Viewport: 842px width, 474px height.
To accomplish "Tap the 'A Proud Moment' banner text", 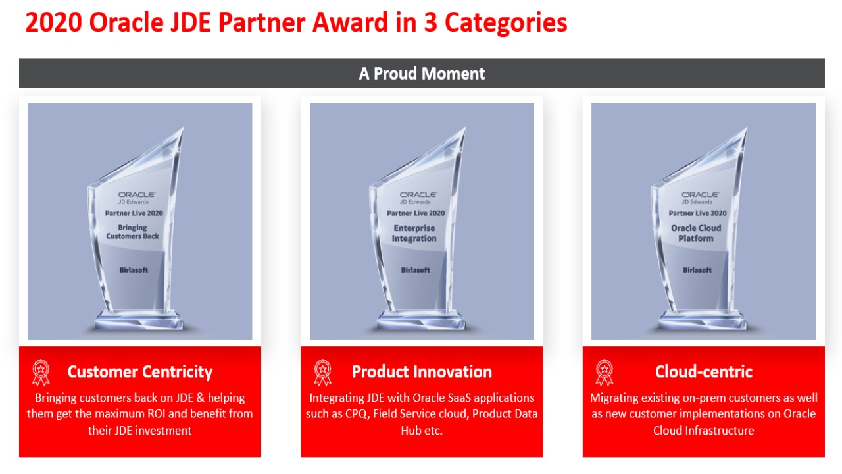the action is click(x=422, y=73).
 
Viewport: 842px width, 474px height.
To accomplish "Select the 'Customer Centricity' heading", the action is click(x=140, y=372).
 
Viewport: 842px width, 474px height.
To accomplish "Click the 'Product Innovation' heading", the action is click(x=422, y=372).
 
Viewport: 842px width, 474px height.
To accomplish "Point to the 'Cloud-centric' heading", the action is click(x=704, y=372).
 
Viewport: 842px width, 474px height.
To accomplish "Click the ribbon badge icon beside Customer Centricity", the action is click(x=41, y=373).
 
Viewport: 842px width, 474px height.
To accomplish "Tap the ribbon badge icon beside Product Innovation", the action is click(x=322, y=373).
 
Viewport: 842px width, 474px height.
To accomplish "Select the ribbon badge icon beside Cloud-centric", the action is click(x=605, y=373).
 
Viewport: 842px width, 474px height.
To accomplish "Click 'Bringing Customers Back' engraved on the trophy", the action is click(x=132, y=232).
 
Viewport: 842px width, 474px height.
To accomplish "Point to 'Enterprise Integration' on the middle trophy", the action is click(x=414, y=233).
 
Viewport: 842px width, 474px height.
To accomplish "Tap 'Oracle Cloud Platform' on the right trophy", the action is click(x=696, y=233).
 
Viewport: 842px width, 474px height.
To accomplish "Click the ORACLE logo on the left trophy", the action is click(x=136, y=194).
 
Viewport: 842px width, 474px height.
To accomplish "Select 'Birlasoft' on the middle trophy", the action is click(x=415, y=270).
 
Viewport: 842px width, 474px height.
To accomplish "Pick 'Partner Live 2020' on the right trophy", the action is click(x=698, y=213).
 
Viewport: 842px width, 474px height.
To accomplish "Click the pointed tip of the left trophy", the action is click(x=183, y=128).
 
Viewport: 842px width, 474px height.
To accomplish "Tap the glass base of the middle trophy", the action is click(x=421, y=320).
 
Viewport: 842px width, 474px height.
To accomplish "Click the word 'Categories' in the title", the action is click(x=506, y=23).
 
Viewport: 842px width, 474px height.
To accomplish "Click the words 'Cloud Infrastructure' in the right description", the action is click(x=704, y=431).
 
